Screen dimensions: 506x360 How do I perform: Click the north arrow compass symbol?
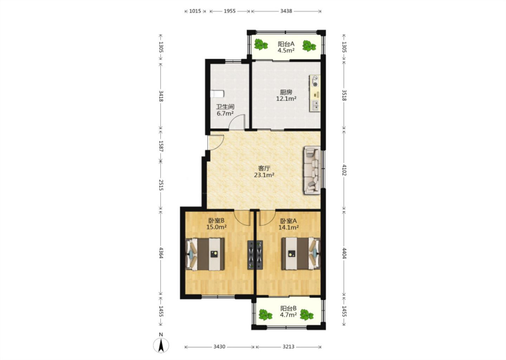[x=161, y=345]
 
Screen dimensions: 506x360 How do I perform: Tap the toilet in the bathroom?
[x=217, y=94]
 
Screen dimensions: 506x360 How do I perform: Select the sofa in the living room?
[x=312, y=170]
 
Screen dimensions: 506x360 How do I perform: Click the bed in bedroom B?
[x=205, y=254]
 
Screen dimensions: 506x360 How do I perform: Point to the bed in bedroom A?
[x=301, y=253]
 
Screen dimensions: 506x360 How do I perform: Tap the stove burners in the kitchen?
[x=315, y=81]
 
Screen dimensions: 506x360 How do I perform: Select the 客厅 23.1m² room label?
[x=264, y=172]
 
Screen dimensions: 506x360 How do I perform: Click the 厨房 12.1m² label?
[x=286, y=95]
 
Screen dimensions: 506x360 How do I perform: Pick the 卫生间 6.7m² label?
[x=225, y=110]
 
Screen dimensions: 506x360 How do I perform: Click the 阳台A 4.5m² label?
[x=286, y=47]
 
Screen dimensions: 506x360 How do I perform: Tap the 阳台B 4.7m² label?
[x=288, y=311]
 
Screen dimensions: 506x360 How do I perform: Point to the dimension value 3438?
[x=286, y=11]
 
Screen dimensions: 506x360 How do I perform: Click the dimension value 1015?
[x=195, y=11]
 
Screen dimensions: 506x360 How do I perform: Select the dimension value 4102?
[x=344, y=170]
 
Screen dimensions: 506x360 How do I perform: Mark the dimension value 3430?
[x=219, y=347]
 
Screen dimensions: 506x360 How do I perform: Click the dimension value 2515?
[x=161, y=185]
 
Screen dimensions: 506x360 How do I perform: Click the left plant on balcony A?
[x=261, y=45]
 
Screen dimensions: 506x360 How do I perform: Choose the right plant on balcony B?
[x=306, y=315]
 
